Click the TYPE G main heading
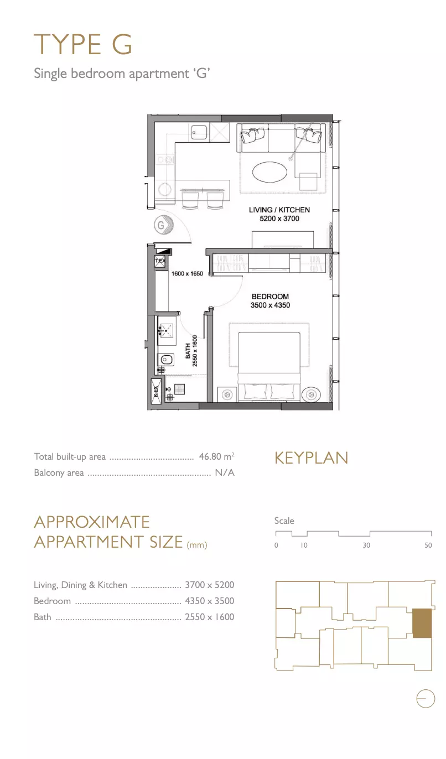click(x=82, y=44)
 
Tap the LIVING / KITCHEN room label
click(x=279, y=210)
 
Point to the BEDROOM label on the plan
click(x=270, y=297)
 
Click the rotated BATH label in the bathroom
click(x=188, y=351)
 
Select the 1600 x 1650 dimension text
click(x=187, y=273)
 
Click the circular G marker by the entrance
click(x=161, y=225)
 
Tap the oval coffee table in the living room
click(x=270, y=172)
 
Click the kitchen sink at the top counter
click(x=199, y=132)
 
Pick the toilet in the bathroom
click(x=166, y=359)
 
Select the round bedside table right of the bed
click(x=311, y=394)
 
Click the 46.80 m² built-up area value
click(x=217, y=456)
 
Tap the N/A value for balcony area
click(x=225, y=472)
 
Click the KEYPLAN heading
click(x=311, y=458)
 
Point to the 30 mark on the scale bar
click(x=366, y=545)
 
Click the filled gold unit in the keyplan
click(x=422, y=623)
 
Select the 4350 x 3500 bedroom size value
click(x=210, y=601)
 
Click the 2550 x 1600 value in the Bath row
click(x=210, y=617)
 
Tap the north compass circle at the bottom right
click(x=426, y=698)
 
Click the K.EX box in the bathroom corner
click(x=156, y=391)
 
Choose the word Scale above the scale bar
click(x=284, y=521)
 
